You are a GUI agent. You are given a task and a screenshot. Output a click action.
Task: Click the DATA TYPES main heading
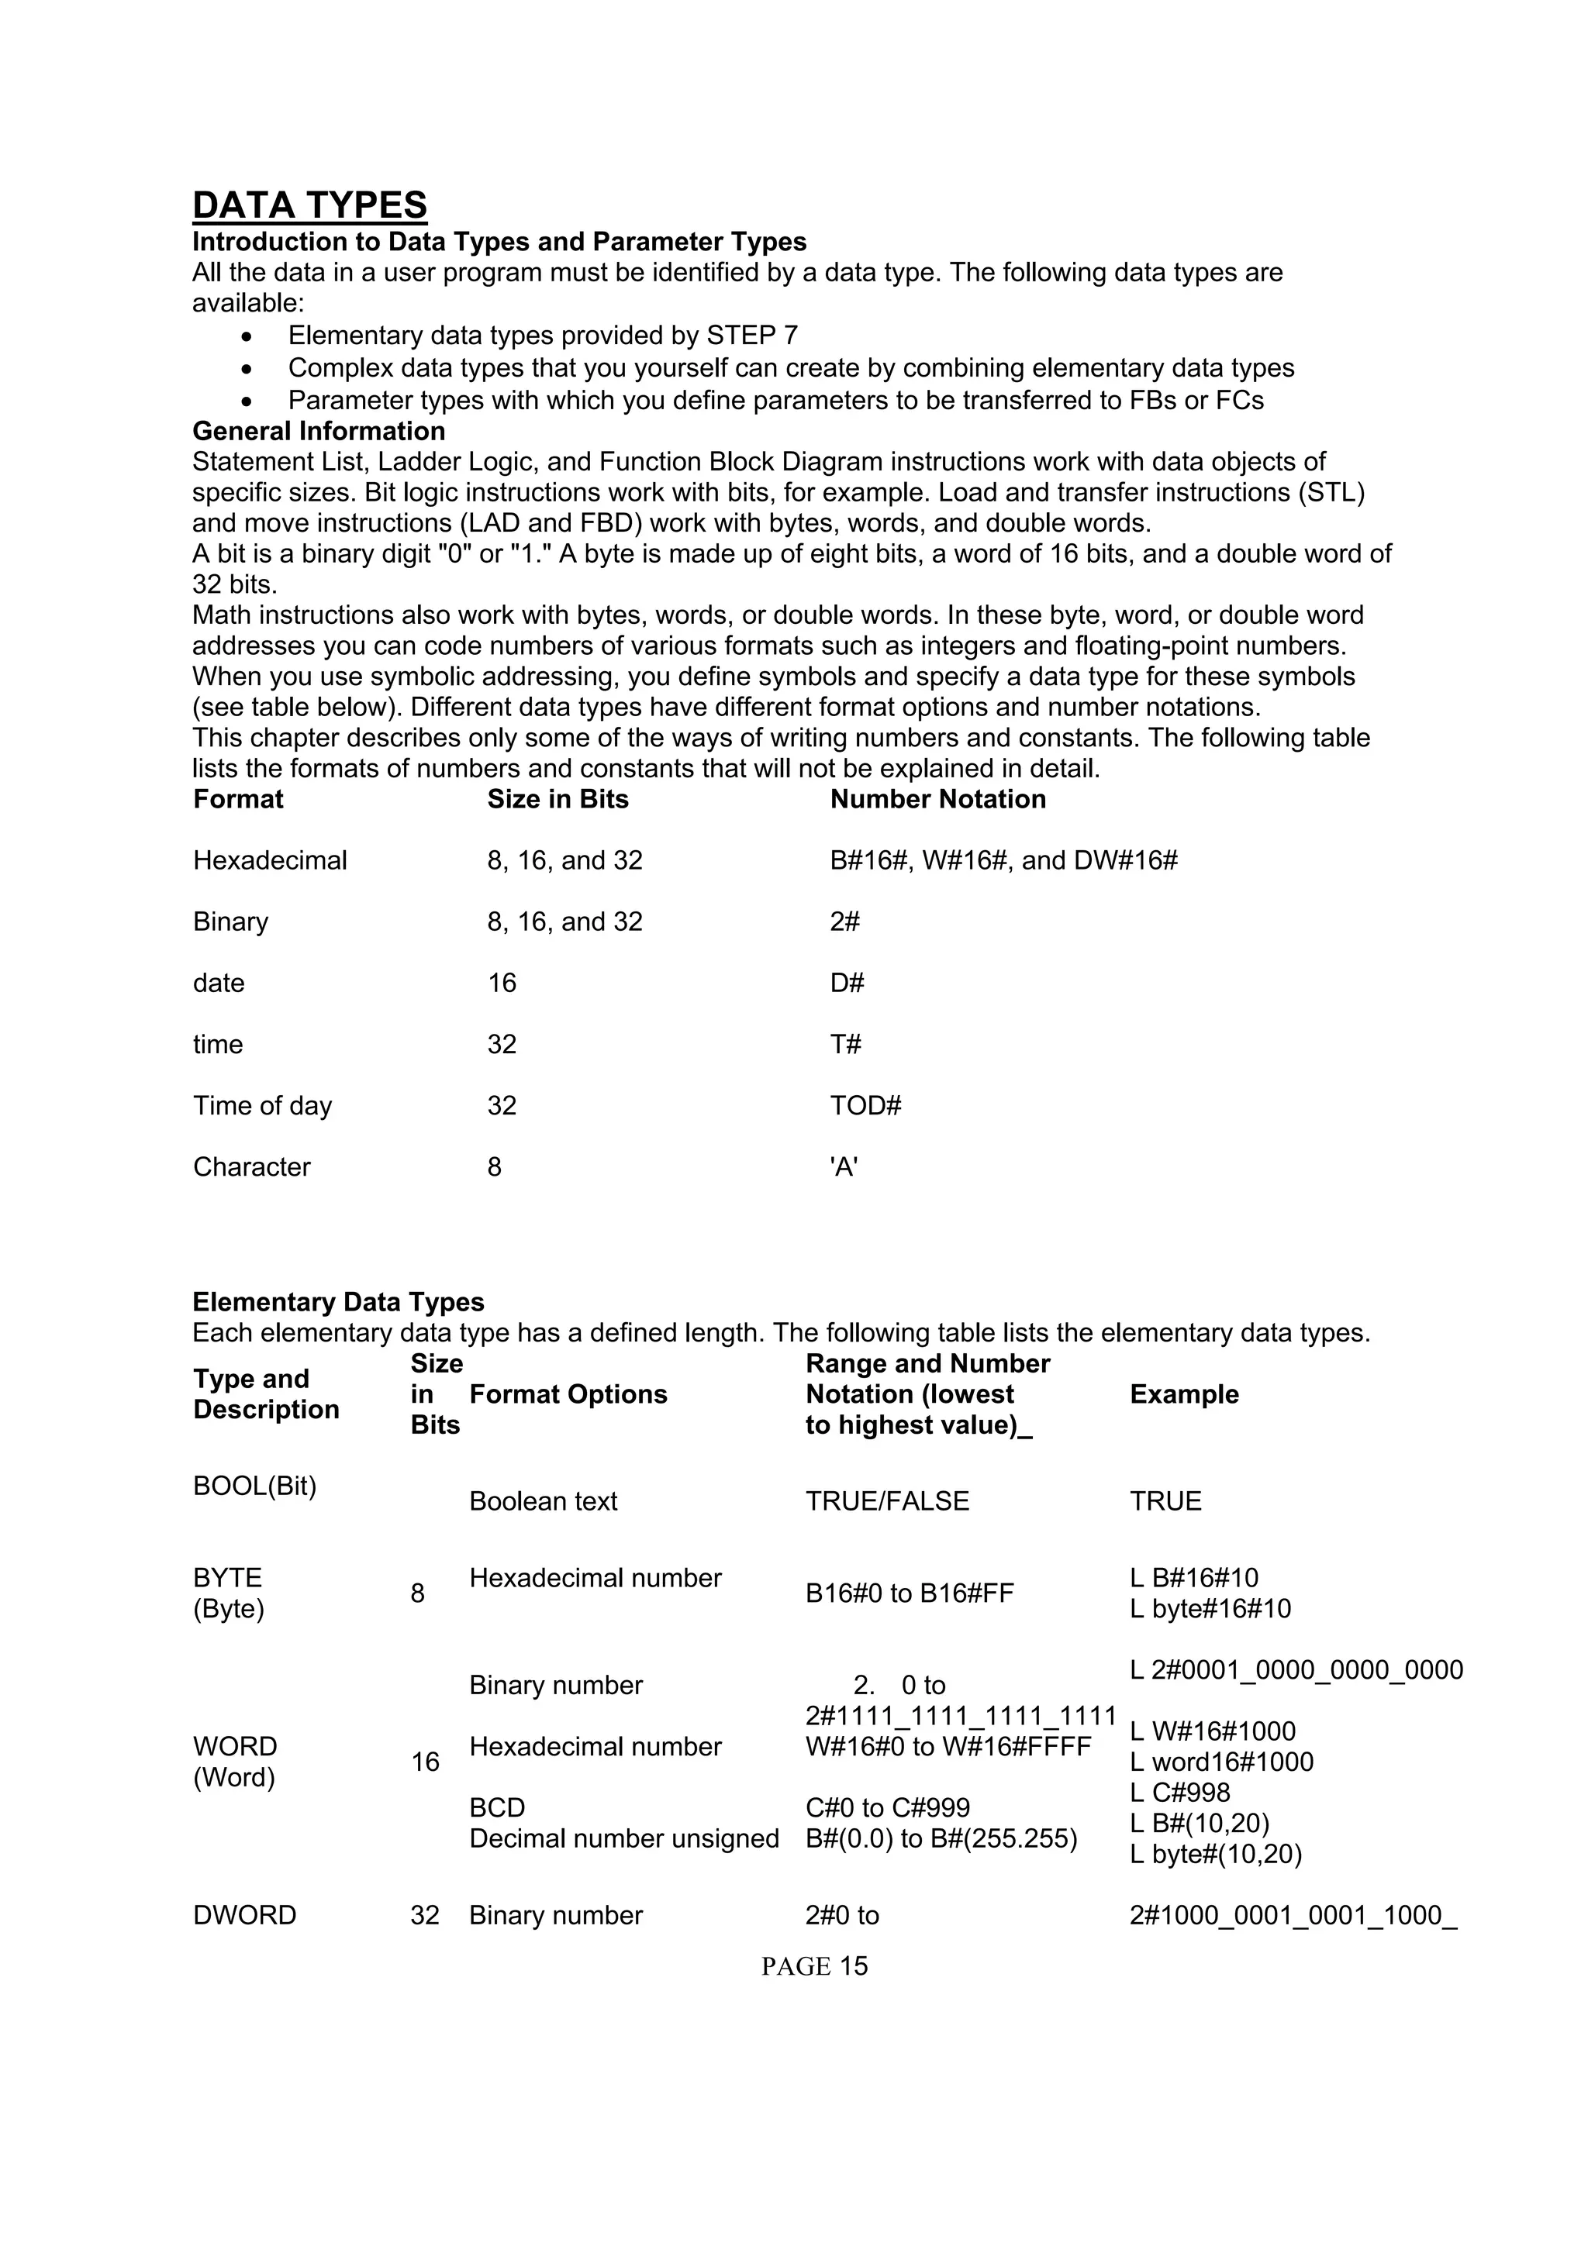[x=309, y=205]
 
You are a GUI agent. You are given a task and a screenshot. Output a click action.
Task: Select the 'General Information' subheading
[x=318, y=432]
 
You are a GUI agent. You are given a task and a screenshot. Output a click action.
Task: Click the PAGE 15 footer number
[x=814, y=1966]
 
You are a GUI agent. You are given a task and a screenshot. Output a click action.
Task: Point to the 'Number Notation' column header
[x=937, y=799]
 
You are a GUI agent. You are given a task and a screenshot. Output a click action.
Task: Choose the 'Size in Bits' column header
[x=558, y=799]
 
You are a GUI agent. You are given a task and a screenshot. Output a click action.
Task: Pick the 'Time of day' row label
[x=262, y=1105]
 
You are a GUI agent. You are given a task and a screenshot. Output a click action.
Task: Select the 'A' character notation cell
[x=844, y=1167]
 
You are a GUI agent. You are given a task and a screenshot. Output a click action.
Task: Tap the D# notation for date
[x=848, y=983]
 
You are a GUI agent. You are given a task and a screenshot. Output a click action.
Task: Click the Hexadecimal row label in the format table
[x=270, y=861]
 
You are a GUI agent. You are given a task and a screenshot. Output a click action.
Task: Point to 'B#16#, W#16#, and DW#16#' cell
[x=1004, y=861]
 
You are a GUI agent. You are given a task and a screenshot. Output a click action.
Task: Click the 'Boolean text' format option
[x=543, y=1501]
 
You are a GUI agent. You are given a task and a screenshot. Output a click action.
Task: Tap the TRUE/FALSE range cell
[x=886, y=1501]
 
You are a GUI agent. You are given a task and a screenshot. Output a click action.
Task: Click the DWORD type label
[x=244, y=1915]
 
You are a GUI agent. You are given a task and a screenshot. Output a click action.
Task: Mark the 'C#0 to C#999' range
[x=888, y=1808]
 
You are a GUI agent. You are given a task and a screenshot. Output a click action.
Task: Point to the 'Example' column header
[x=1184, y=1394]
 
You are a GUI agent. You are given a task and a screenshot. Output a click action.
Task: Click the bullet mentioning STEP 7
[x=542, y=336]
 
